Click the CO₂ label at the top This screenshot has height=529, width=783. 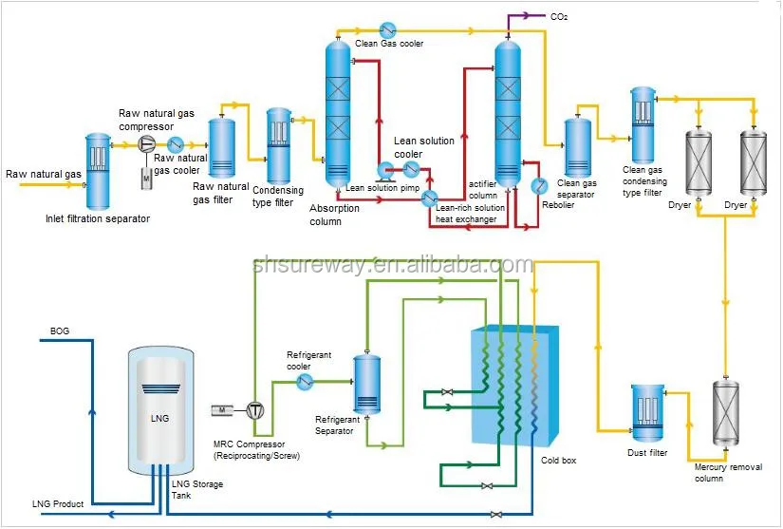point(561,16)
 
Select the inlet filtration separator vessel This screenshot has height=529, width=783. point(98,171)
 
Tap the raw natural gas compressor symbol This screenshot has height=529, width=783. point(147,143)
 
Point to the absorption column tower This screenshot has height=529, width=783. point(337,114)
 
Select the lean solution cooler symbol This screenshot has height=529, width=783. point(411,169)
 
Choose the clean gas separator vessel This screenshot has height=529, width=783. point(577,147)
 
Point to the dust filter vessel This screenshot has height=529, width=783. point(650,413)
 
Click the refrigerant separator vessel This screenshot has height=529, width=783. point(366,384)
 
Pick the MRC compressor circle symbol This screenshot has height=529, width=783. point(255,409)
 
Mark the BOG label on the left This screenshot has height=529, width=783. point(59,331)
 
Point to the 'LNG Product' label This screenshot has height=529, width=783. point(58,503)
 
